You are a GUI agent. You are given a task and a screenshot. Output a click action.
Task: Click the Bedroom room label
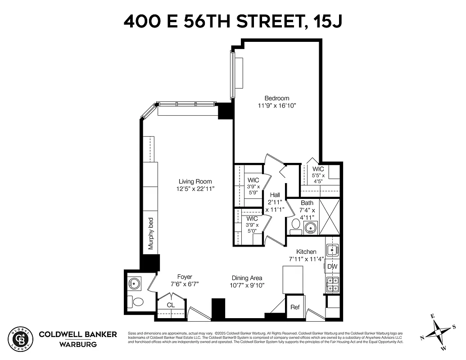coord(276,98)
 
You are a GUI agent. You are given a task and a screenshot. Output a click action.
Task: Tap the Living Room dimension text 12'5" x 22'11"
coord(195,189)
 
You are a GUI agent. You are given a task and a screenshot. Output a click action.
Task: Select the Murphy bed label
coord(151,234)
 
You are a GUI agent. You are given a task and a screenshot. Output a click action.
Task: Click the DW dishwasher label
coord(332,267)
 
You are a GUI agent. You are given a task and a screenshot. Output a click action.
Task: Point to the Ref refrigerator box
coord(295,307)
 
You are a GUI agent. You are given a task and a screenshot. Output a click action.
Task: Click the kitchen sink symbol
coord(332,249)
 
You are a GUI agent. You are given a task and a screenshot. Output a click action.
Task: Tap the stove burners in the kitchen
coord(332,285)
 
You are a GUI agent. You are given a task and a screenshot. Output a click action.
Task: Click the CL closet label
coord(171,305)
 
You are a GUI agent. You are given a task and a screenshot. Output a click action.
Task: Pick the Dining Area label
coord(247,278)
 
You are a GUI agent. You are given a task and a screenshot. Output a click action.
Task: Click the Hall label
coord(275,195)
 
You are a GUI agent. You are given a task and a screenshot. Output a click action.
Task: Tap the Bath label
coord(307,203)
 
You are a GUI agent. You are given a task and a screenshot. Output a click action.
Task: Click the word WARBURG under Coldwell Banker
coord(77,345)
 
